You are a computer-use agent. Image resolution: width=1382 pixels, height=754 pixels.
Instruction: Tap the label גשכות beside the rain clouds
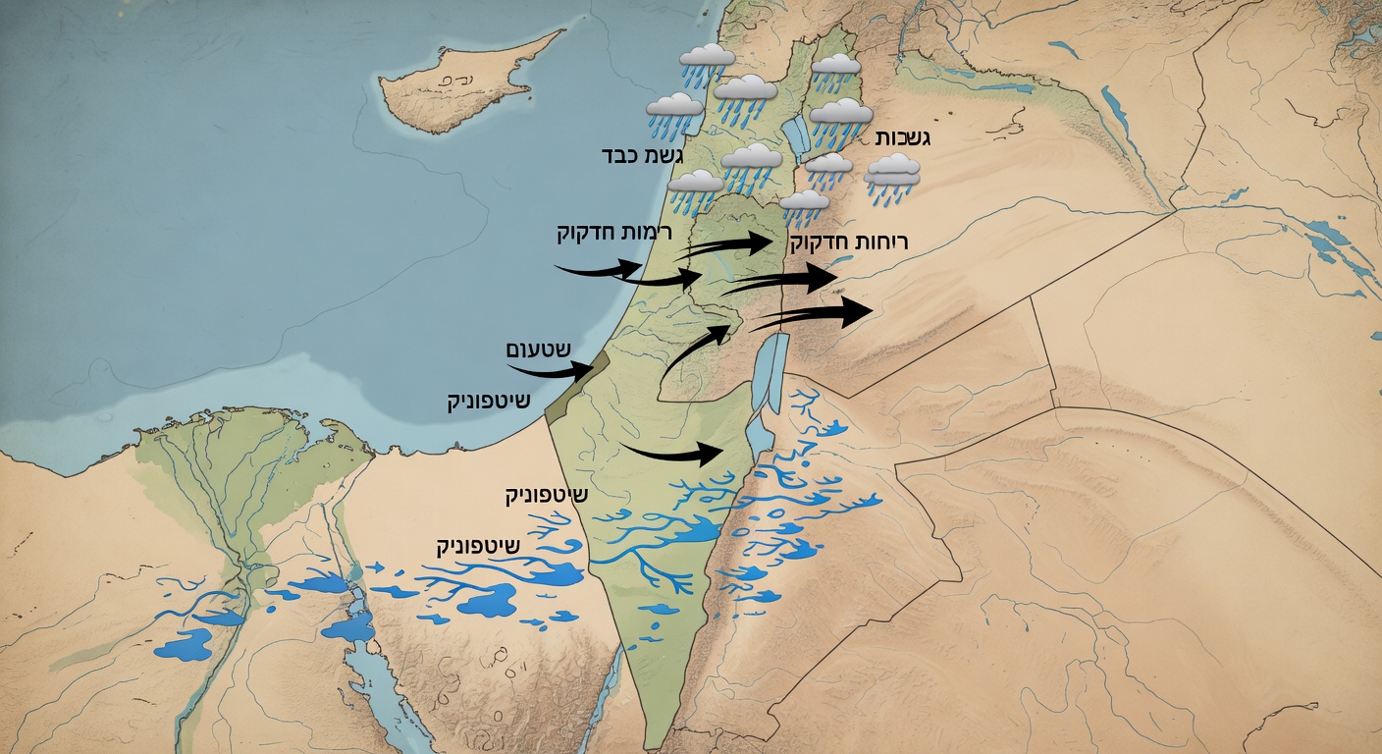[901, 137]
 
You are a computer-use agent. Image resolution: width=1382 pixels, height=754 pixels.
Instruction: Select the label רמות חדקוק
[597, 233]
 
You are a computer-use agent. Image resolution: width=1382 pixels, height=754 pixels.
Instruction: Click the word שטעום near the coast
[538, 350]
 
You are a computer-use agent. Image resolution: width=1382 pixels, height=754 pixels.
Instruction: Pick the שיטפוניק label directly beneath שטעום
[488, 402]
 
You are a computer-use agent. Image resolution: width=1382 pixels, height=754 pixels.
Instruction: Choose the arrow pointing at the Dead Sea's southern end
[677, 453]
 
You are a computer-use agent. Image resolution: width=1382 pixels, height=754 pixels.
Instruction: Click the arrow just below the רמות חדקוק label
[599, 266]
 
